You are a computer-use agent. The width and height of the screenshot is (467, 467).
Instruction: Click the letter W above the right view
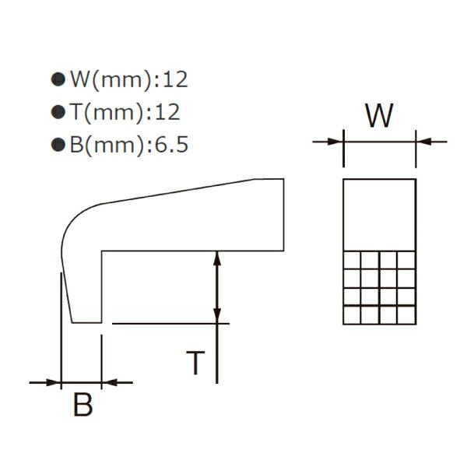380,116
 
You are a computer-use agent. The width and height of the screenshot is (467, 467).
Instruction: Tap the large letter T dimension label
197,363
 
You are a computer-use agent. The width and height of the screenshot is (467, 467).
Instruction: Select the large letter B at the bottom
83,406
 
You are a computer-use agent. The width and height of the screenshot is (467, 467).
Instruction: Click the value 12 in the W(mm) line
175,79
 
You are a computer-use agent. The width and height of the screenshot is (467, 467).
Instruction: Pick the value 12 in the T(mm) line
167,112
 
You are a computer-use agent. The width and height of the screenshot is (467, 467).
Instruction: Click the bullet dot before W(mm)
57,79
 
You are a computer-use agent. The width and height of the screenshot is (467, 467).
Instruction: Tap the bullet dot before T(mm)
57,113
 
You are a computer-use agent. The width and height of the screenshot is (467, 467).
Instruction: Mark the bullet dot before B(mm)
57,146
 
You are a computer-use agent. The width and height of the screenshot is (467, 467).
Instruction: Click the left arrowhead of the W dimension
337,142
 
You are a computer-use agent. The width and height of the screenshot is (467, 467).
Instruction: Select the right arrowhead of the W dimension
423,142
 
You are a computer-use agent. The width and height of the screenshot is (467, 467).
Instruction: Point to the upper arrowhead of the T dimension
217,257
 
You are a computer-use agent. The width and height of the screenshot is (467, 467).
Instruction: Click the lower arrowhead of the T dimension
217,315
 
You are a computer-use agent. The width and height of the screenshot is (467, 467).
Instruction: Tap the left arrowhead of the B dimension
54,382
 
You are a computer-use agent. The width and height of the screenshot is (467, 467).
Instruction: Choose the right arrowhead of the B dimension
107,382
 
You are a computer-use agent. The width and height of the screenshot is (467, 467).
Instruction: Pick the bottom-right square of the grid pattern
406,315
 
